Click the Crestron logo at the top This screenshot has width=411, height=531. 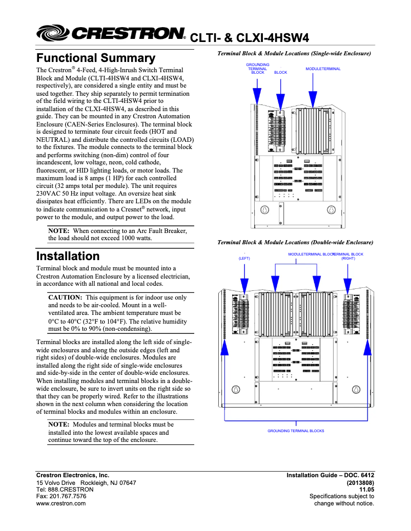click(110, 34)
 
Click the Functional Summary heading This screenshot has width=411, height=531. click(95, 58)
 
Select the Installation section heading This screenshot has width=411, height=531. click(68, 256)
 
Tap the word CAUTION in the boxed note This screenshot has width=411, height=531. click(65, 298)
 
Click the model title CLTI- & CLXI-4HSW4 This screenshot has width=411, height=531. click(250, 38)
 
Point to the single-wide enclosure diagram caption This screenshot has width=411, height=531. click(294, 53)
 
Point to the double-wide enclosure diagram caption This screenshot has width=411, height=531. click(295, 242)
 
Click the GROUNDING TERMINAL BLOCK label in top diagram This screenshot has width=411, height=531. click(258, 69)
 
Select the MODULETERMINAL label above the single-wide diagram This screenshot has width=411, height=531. click(323, 69)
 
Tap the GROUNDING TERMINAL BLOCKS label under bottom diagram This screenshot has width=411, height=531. click(296, 431)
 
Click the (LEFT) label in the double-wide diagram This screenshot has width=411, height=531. click(244, 259)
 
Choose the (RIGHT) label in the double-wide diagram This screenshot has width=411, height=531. click(348, 259)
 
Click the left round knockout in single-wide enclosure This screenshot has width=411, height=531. click(265, 210)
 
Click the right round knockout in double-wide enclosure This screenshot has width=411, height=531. click(356, 389)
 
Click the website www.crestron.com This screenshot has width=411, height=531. click(61, 503)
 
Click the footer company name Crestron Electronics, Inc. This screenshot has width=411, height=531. click(72, 476)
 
